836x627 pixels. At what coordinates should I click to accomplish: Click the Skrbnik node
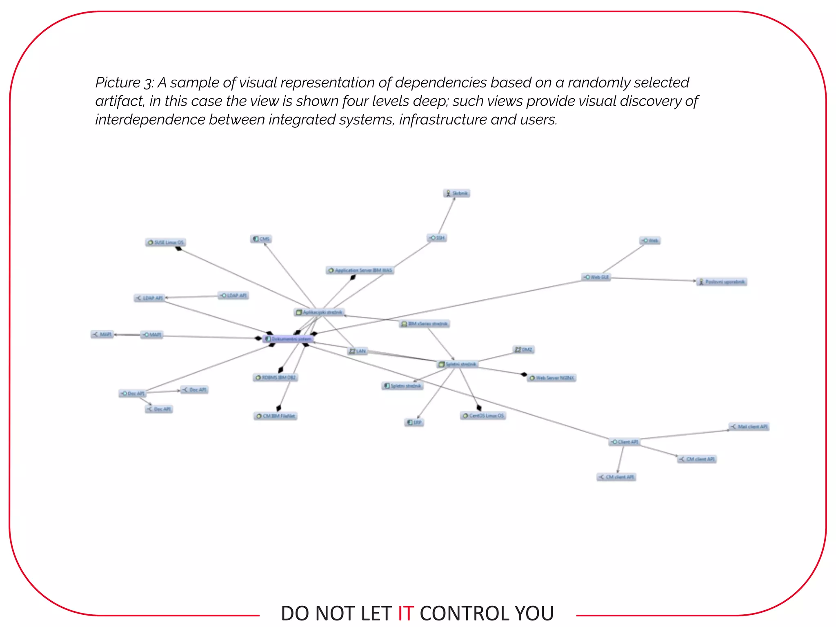(x=457, y=193)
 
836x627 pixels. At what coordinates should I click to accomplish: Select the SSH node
(x=437, y=238)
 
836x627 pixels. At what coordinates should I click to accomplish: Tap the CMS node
(x=261, y=239)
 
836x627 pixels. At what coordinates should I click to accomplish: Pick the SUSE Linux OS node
(x=166, y=242)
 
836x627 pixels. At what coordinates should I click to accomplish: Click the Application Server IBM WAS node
(x=360, y=270)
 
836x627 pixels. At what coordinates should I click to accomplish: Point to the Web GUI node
(x=596, y=277)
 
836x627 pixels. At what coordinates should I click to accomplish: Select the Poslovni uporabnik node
(x=722, y=282)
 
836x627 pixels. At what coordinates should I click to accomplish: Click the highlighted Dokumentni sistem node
(x=289, y=339)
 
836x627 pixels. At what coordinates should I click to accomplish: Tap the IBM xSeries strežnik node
(x=425, y=324)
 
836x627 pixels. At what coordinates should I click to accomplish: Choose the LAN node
(x=358, y=351)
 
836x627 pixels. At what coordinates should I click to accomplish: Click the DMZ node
(x=524, y=349)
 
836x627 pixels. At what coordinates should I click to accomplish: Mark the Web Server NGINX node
(x=551, y=378)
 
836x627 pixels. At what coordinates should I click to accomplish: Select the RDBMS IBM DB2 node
(x=276, y=377)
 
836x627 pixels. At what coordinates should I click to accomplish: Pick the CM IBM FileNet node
(x=276, y=416)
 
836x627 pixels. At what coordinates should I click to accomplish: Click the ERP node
(x=414, y=422)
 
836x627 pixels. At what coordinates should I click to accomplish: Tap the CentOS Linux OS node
(x=483, y=416)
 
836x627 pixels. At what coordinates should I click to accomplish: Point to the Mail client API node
(x=749, y=427)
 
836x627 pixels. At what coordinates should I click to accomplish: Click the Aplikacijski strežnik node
(x=319, y=312)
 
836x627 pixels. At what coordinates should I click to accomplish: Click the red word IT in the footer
(x=406, y=613)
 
